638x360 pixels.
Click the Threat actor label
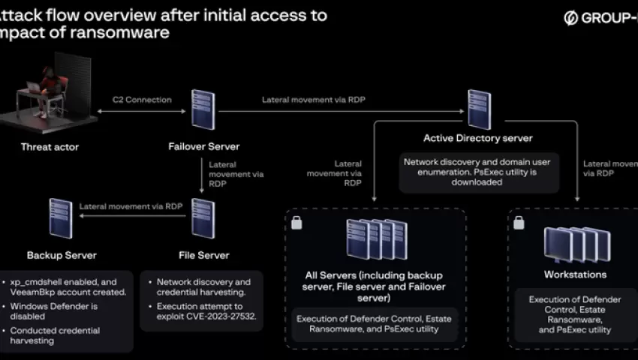tap(50, 147)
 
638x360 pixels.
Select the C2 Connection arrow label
tap(142, 100)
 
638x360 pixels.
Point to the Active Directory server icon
tap(479, 109)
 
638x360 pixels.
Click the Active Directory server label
tap(477, 138)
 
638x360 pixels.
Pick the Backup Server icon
tap(61, 218)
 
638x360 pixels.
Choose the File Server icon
tap(203, 218)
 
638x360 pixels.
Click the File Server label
tap(204, 255)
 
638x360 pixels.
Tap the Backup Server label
tap(62, 255)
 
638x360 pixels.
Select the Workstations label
tap(575, 274)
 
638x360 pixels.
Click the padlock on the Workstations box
tap(519, 222)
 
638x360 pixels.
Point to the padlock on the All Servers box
tap(296, 222)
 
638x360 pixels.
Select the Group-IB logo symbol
tap(570, 18)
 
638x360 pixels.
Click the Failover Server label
tap(202, 147)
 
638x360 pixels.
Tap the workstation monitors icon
tap(572, 244)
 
